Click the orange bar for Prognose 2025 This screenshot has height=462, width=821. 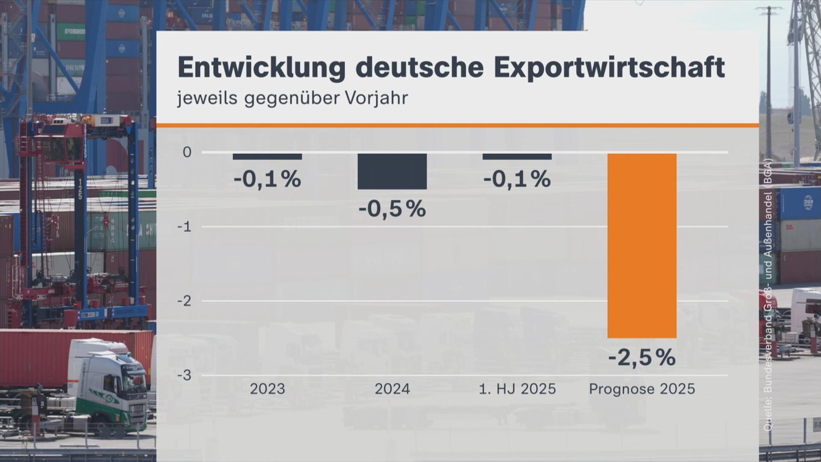pyautogui.click(x=642, y=246)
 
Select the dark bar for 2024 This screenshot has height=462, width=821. pyautogui.click(x=392, y=171)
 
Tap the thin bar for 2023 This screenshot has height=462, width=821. pyautogui.click(x=267, y=157)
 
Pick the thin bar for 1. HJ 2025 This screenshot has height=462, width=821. pyautogui.click(x=517, y=157)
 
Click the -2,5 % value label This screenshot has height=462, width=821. pyautogui.click(x=642, y=358)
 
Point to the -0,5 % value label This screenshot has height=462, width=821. pyautogui.click(x=392, y=209)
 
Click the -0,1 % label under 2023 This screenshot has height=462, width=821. pyautogui.click(x=267, y=179)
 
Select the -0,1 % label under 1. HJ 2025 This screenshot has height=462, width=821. pyautogui.click(x=517, y=179)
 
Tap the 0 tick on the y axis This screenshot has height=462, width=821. pyautogui.click(x=187, y=152)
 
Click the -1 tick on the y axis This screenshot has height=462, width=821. pyautogui.click(x=184, y=227)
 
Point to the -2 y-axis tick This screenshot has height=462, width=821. pyautogui.click(x=184, y=301)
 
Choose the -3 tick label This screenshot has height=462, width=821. pyautogui.click(x=184, y=376)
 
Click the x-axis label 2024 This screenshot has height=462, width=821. pyautogui.click(x=392, y=389)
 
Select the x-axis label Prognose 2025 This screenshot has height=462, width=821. pyautogui.click(x=642, y=389)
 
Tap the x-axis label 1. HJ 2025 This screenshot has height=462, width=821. pyautogui.click(x=517, y=389)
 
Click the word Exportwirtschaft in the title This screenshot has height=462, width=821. pyautogui.click(x=609, y=67)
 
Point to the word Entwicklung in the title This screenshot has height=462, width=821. pyautogui.click(x=261, y=67)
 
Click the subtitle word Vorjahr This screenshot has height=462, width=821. pyautogui.click(x=376, y=98)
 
